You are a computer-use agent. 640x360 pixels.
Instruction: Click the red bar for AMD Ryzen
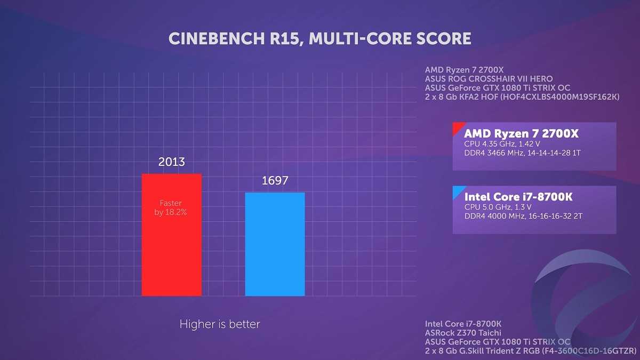click(x=171, y=251)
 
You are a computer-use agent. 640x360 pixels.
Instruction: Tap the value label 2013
click(x=171, y=162)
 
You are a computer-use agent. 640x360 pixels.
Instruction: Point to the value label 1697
click(x=275, y=181)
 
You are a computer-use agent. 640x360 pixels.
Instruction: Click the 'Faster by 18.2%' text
click(x=171, y=207)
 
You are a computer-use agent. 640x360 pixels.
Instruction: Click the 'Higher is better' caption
click(x=220, y=324)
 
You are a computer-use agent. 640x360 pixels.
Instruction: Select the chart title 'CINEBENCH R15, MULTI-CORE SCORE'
click(x=320, y=38)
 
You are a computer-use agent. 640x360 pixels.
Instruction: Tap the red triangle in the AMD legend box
click(x=457, y=127)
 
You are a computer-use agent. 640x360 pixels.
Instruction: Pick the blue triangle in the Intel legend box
click(x=457, y=191)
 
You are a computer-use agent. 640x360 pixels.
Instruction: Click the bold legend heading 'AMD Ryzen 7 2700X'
click(x=521, y=133)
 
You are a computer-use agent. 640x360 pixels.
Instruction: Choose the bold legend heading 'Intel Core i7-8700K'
click(x=518, y=197)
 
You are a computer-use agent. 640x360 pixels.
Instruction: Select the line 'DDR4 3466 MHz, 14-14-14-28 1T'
click(x=522, y=153)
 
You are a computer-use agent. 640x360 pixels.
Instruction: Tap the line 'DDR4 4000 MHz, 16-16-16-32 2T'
click(x=523, y=217)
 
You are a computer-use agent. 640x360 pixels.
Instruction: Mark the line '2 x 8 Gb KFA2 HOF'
click(x=522, y=97)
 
